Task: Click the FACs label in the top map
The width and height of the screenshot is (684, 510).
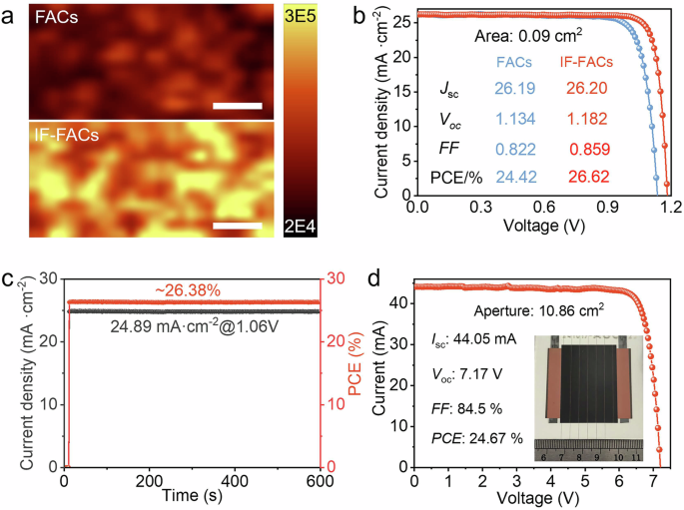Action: [x=54, y=19]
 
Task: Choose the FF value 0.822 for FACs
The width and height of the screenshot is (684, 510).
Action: [x=516, y=150]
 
